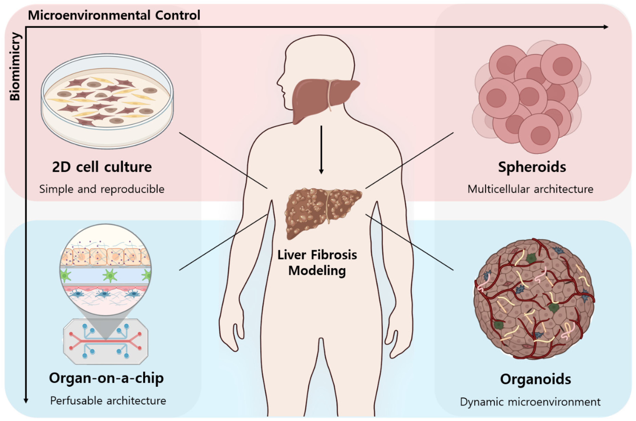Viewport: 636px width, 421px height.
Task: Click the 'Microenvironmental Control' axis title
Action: pos(114,15)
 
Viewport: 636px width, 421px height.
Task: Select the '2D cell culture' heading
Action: pos(102,167)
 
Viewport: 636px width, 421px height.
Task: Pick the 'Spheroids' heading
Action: pos(532,167)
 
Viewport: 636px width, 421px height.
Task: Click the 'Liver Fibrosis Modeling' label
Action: pos(317,263)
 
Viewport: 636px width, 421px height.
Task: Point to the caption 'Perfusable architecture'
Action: pos(108,401)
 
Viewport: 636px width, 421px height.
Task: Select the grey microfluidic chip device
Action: pos(106,342)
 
